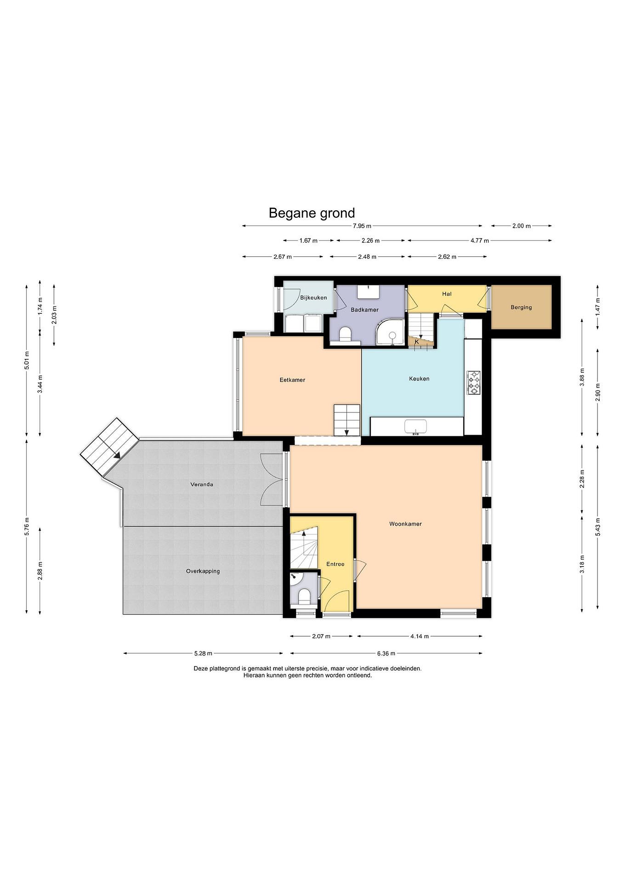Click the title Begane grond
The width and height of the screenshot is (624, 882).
(x=312, y=213)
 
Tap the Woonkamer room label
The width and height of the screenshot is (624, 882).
(x=405, y=524)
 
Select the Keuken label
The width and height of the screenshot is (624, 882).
(x=419, y=379)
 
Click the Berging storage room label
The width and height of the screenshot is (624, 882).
(x=521, y=307)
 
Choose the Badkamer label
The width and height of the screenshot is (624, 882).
(x=365, y=310)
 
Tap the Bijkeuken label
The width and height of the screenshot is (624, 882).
(x=314, y=298)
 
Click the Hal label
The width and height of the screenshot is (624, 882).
(x=447, y=294)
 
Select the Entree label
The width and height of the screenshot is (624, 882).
(x=335, y=564)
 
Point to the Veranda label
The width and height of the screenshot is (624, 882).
(x=202, y=484)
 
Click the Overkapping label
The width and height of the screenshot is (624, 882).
(x=203, y=571)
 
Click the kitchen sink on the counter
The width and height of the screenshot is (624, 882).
(x=415, y=427)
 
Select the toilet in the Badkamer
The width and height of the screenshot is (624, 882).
(x=346, y=334)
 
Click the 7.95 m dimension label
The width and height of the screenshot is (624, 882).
(x=362, y=226)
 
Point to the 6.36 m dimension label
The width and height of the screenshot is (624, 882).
(x=386, y=653)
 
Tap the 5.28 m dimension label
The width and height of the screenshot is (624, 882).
(x=203, y=653)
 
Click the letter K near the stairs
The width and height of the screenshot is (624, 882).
(x=417, y=341)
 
